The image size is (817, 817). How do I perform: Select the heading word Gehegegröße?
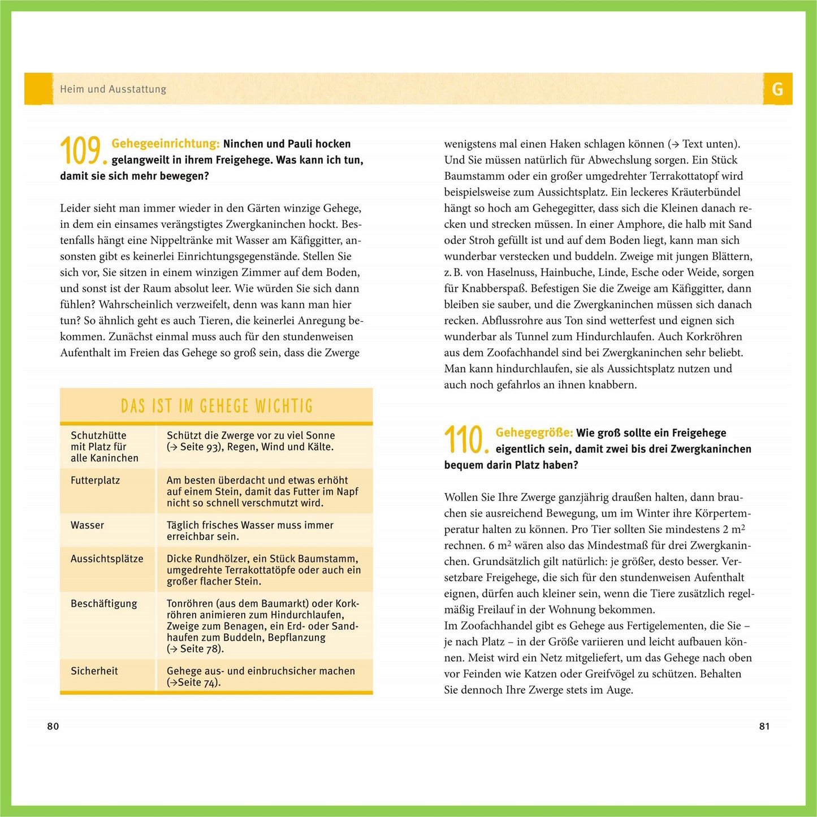534,433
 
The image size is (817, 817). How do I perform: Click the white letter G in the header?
777,89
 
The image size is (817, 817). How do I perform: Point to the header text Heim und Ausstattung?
113,89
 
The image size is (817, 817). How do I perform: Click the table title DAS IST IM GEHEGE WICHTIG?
217,406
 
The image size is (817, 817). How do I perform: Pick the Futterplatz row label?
95,481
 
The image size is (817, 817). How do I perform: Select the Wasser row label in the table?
87,525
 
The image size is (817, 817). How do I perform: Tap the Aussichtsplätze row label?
107,559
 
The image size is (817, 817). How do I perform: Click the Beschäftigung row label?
103,603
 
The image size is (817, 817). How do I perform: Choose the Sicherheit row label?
94,671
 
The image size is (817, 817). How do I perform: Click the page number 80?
53,727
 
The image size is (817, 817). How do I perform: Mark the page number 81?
764,727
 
